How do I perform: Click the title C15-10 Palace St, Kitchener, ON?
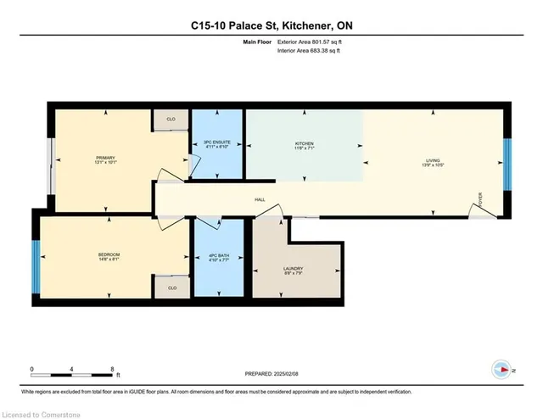click(271, 26)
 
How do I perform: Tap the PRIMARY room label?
click(105, 159)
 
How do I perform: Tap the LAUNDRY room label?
click(293, 271)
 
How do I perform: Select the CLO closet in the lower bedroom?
click(172, 288)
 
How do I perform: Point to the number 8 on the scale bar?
click(112, 368)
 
